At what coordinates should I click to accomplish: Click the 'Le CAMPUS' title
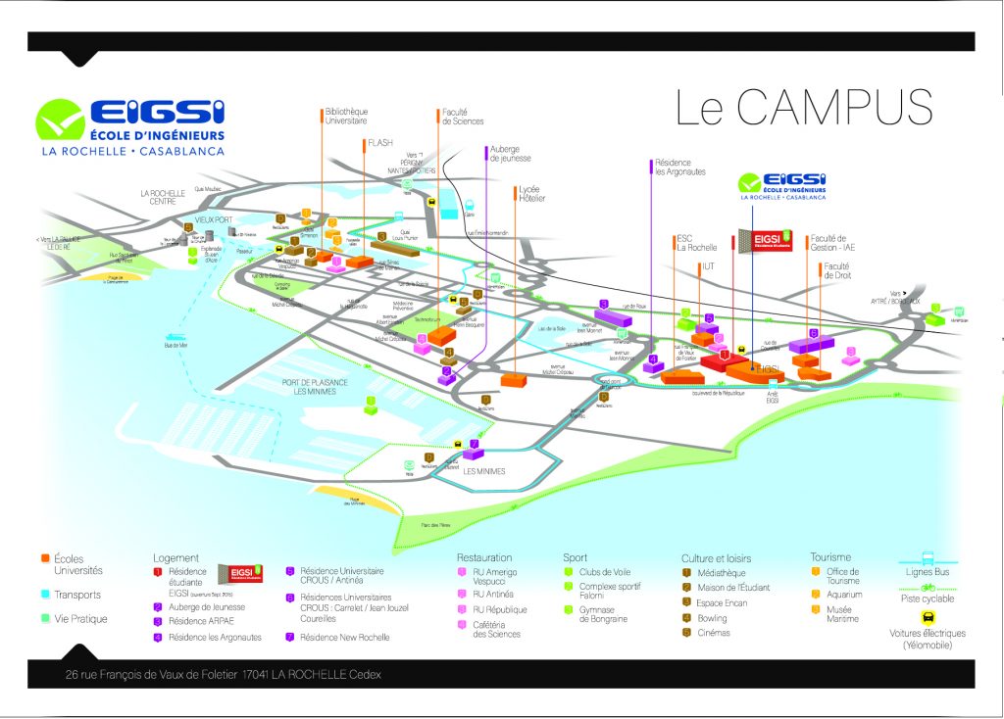(x=803, y=109)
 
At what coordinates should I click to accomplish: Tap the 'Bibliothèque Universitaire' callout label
(x=345, y=116)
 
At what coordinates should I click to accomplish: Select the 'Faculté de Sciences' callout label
(x=463, y=117)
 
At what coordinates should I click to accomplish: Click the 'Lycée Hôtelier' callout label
(x=530, y=193)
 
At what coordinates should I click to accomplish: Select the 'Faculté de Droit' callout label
(x=836, y=270)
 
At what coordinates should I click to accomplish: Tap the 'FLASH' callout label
(x=379, y=143)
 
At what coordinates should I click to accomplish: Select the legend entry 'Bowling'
(x=712, y=618)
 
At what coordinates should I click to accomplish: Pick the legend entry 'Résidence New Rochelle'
(x=344, y=638)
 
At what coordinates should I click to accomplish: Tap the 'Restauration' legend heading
(x=484, y=557)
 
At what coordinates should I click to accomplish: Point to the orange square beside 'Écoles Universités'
(x=45, y=558)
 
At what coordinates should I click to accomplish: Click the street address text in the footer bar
(x=223, y=674)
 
